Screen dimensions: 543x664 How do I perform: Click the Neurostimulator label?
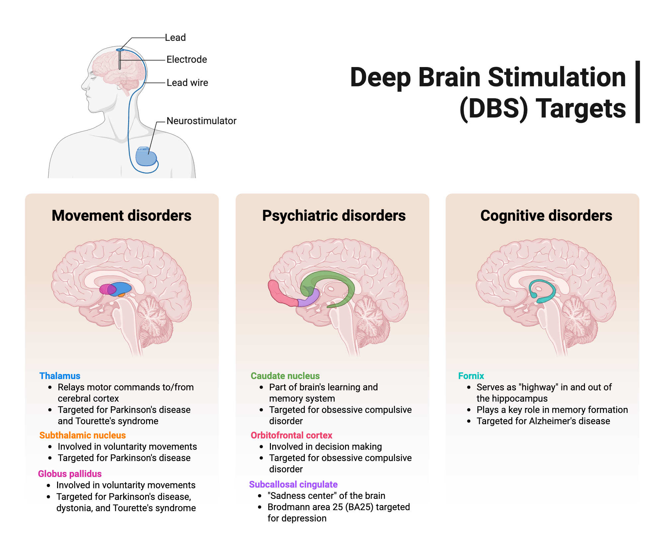point(201,121)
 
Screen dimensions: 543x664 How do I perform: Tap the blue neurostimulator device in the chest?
point(146,157)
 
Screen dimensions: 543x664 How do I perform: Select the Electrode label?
point(187,59)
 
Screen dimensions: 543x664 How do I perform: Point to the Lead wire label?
point(187,83)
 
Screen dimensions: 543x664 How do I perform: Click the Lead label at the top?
point(175,38)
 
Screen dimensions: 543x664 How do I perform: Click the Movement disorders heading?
point(122,216)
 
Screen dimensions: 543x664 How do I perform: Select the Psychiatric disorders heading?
point(334,216)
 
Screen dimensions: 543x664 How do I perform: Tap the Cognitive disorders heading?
point(546,216)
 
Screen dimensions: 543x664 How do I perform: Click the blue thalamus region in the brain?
point(123,287)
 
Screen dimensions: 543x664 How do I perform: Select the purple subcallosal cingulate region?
point(310,299)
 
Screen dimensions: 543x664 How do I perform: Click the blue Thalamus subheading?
point(60,376)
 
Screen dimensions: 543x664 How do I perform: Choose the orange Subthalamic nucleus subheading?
point(82,435)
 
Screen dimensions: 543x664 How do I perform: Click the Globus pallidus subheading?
point(70,474)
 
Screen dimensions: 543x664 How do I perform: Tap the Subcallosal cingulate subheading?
point(293,484)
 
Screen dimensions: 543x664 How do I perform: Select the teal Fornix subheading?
point(471,376)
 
